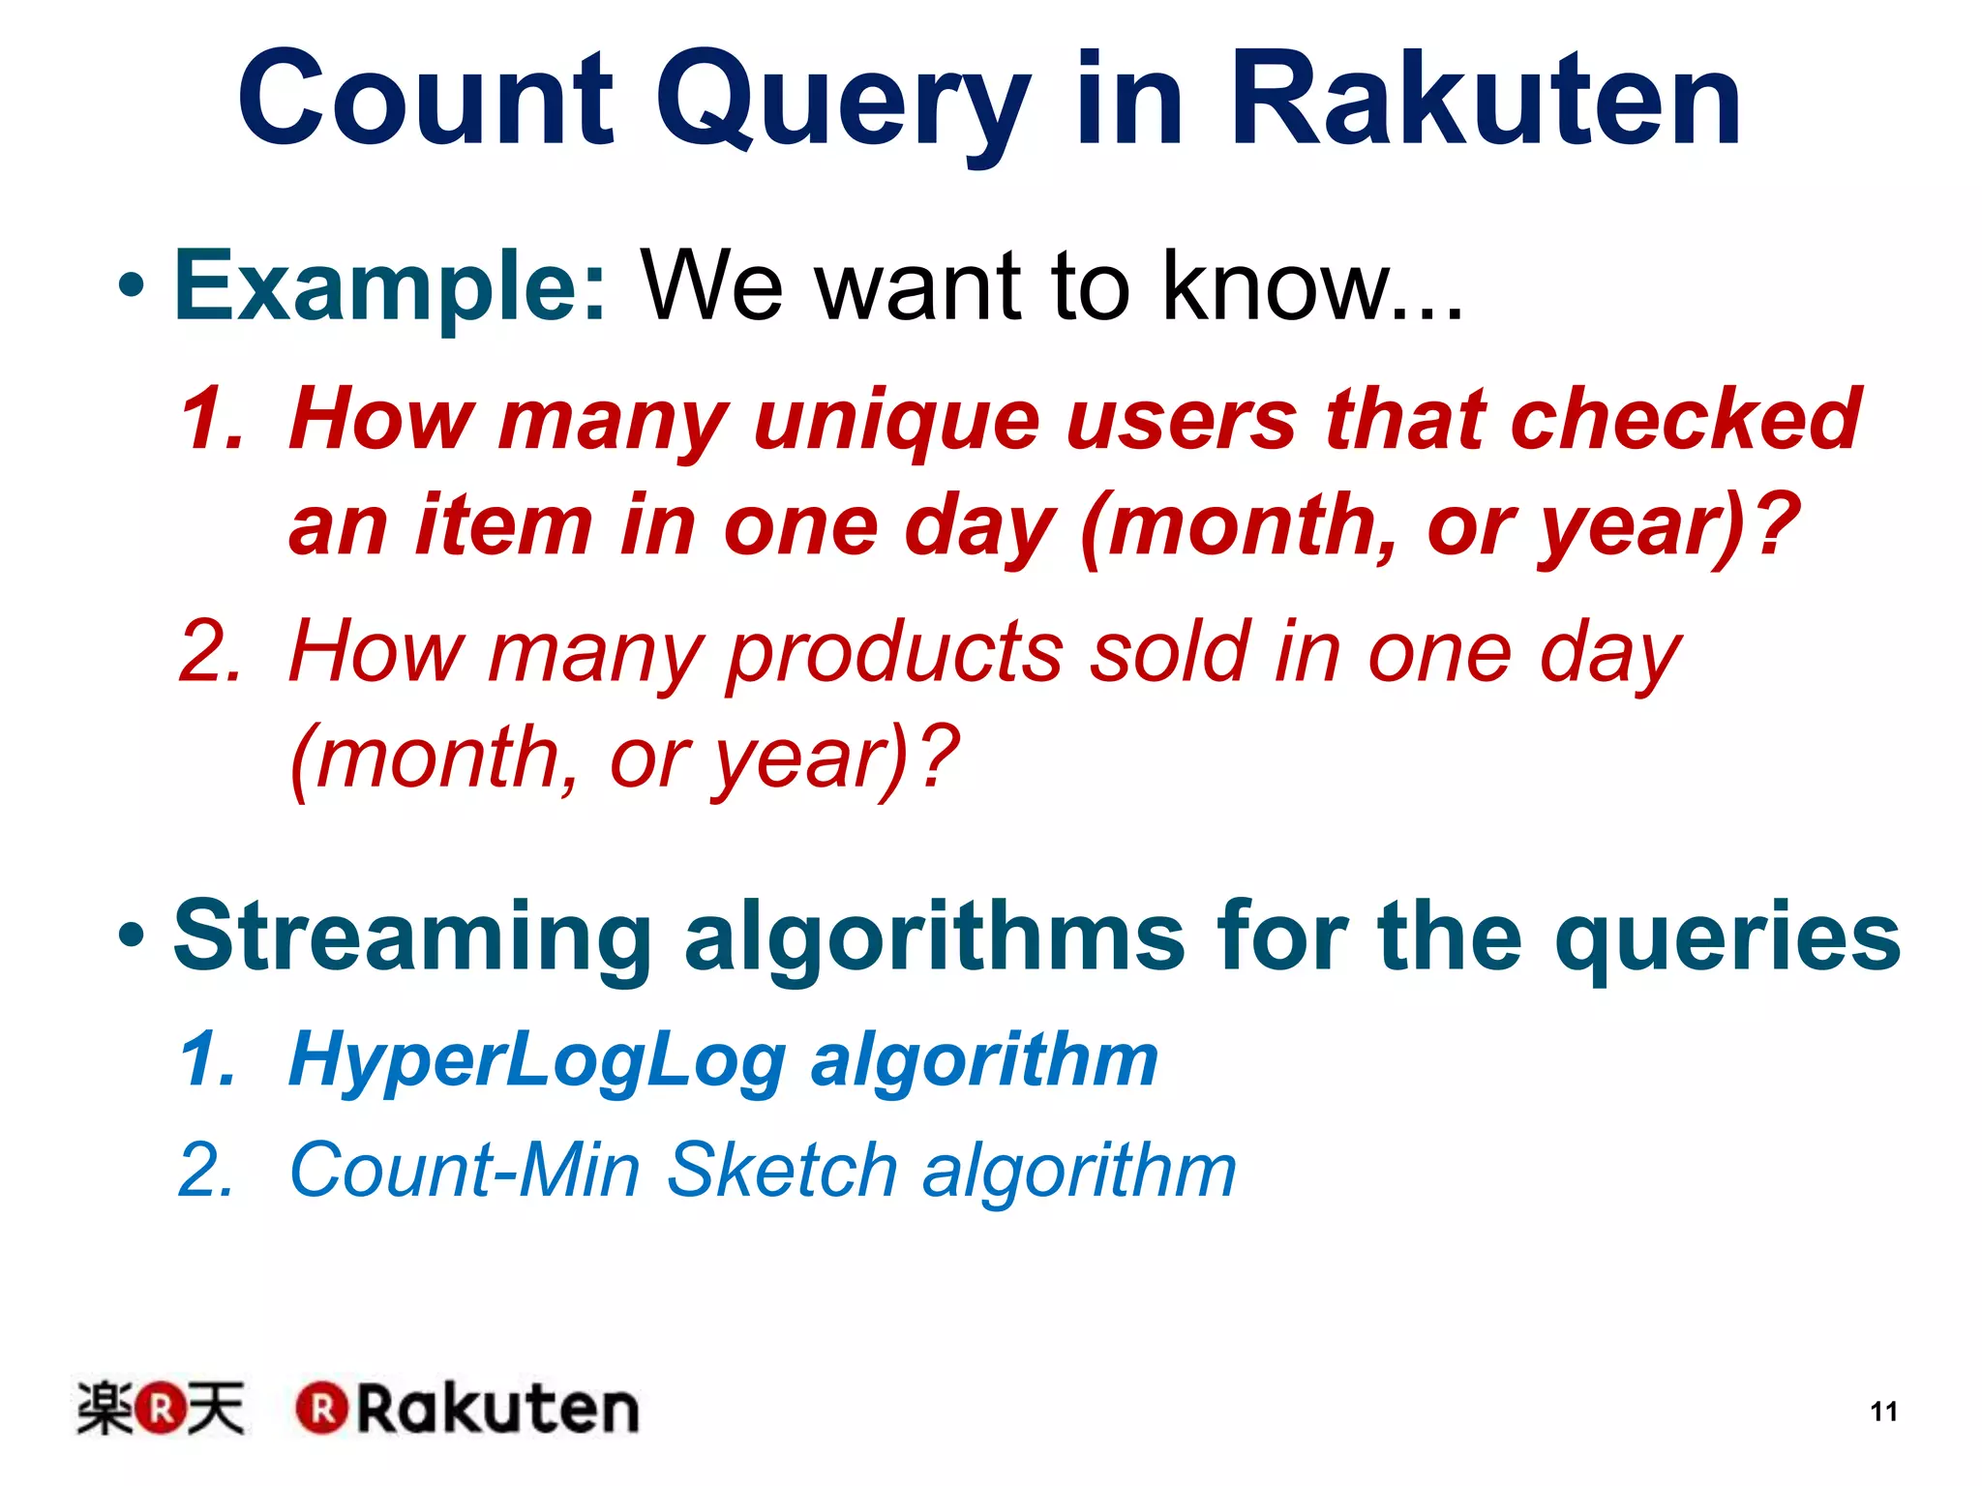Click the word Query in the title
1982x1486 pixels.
coord(843,102)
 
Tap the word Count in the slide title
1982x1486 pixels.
coord(426,102)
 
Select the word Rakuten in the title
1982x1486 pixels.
coord(1486,102)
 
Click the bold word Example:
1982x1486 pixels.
coord(390,286)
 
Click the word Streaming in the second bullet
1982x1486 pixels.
coord(412,936)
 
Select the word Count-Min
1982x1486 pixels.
coord(465,1170)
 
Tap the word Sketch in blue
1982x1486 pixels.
coord(782,1170)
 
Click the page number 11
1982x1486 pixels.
coord(1883,1412)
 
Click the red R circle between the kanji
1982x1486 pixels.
coord(160,1409)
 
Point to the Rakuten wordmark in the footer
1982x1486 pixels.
coord(468,1409)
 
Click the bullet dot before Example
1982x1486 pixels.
coord(132,286)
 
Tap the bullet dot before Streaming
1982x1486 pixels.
coord(132,936)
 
